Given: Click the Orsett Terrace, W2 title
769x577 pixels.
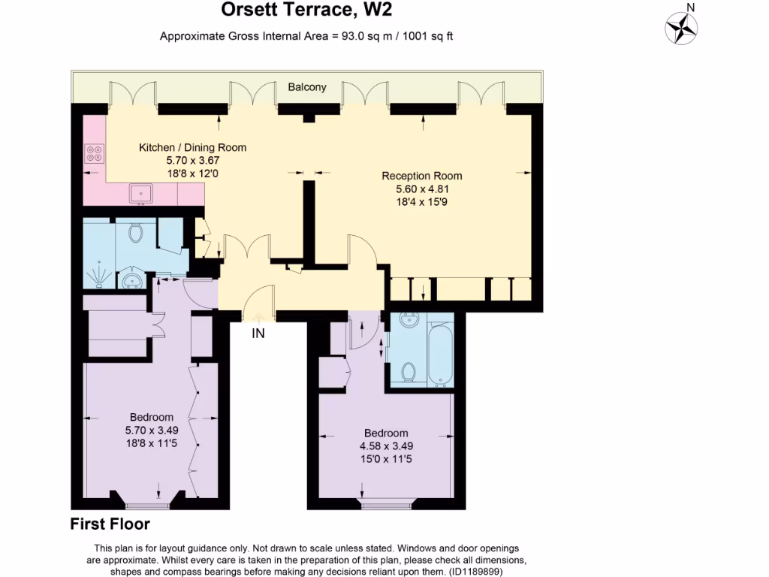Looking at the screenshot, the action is click(x=306, y=9).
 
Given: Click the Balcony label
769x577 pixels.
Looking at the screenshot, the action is click(x=307, y=87).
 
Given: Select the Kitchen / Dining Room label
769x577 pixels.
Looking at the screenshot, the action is click(x=193, y=147).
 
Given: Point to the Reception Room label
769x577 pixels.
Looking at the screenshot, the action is click(x=422, y=176).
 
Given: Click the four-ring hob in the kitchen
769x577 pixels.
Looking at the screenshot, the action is click(x=94, y=153).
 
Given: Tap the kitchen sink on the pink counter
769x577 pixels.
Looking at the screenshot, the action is click(x=141, y=194).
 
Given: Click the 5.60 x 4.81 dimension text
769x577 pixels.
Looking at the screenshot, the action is click(x=422, y=189).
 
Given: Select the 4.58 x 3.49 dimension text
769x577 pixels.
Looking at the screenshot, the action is click(x=387, y=446).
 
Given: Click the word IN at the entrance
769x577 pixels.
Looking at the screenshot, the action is click(x=258, y=334).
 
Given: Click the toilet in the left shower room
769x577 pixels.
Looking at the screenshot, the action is click(x=135, y=232).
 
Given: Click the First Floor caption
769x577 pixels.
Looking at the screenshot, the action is click(x=110, y=524).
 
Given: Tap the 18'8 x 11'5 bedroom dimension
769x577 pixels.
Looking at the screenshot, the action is click(x=152, y=443).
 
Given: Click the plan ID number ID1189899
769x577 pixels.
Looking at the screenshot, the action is click(x=475, y=572).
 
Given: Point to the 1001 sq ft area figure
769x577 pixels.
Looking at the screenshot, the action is click(x=427, y=36).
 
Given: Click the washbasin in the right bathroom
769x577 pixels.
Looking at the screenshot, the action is click(x=409, y=320).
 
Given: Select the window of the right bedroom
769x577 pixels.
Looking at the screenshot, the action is click(x=388, y=503).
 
